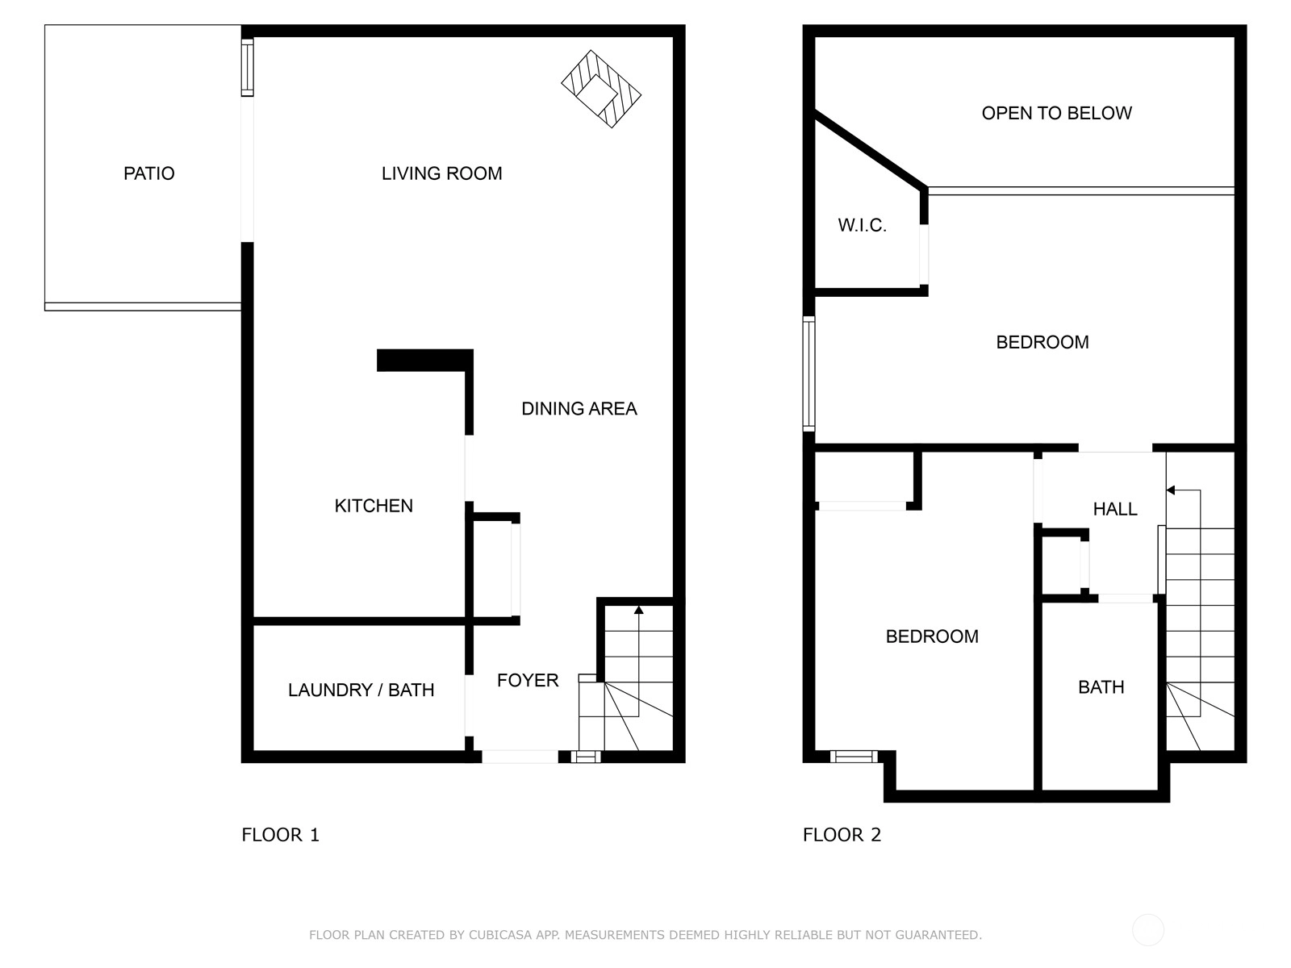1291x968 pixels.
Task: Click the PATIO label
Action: click(148, 173)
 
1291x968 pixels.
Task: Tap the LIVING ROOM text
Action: click(441, 173)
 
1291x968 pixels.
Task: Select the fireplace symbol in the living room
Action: click(600, 89)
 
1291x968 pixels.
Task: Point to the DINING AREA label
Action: click(579, 408)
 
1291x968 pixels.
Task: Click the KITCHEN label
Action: click(374, 506)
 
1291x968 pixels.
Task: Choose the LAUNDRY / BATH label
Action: click(361, 690)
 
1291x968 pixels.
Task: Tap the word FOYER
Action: click(528, 680)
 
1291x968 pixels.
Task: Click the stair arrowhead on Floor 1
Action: click(639, 610)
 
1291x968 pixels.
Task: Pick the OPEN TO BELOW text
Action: click(1056, 113)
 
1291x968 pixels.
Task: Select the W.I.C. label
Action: click(862, 225)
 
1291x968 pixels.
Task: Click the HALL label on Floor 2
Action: click(1114, 509)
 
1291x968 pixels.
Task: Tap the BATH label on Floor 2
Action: click(1101, 687)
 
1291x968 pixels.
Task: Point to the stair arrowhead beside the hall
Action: click(1171, 490)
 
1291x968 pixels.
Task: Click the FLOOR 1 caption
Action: click(280, 835)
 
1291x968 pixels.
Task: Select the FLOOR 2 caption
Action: click(842, 835)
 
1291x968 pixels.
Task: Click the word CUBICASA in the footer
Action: click(500, 934)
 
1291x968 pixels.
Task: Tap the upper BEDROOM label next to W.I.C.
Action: click(1042, 342)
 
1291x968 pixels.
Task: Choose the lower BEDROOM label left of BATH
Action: click(932, 636)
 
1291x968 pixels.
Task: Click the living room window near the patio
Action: click(248, 68)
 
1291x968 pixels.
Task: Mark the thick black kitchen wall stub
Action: click(424, 361)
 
